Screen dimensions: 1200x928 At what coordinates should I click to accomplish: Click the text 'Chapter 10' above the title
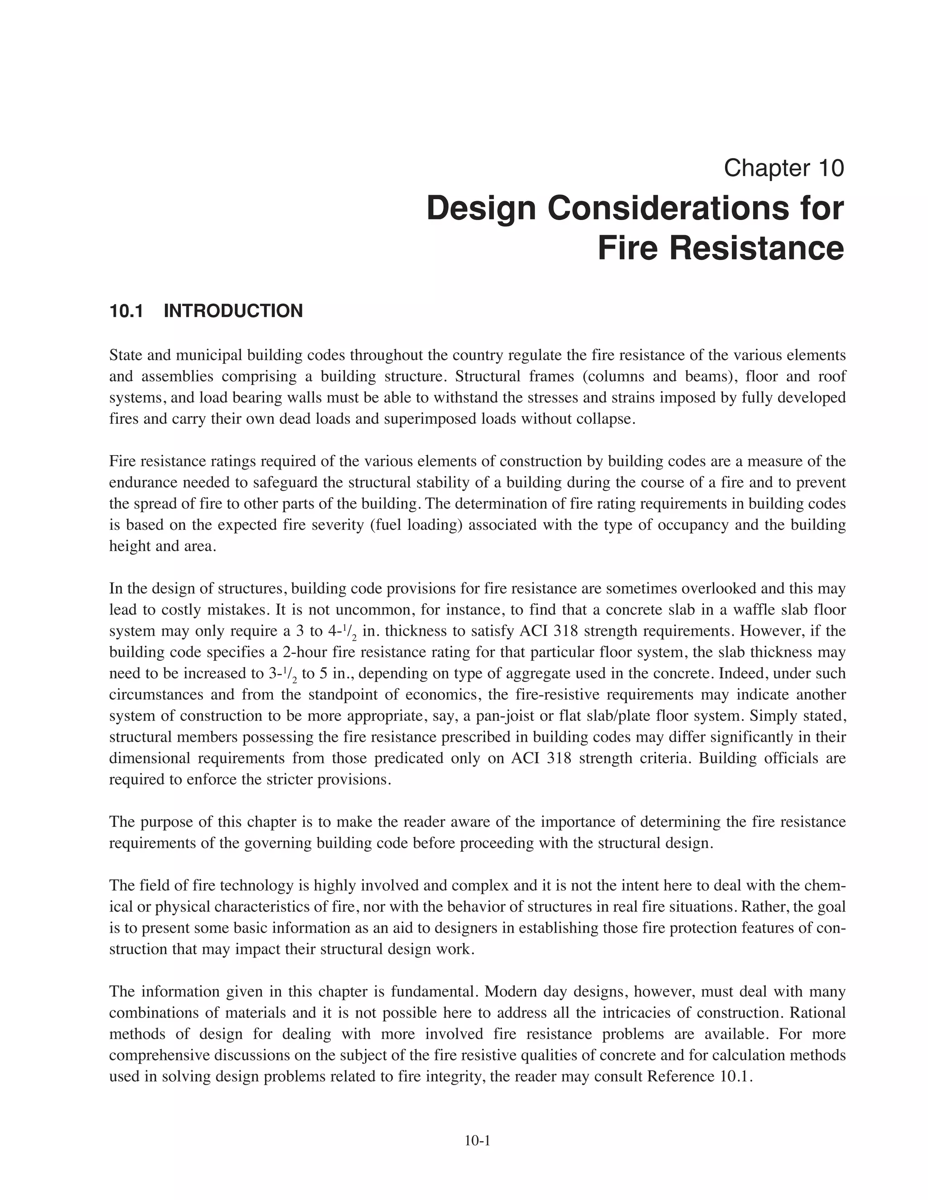[x=783, y=168]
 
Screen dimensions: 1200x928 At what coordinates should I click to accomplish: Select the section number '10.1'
[x=126, y=311]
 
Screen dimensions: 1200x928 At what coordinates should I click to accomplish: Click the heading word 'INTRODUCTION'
[x=233, y=311]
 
